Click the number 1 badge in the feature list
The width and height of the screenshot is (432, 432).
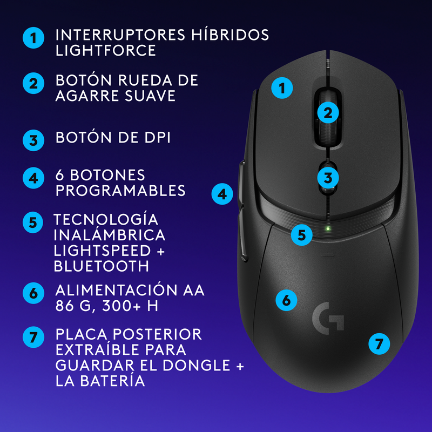click(33, 39)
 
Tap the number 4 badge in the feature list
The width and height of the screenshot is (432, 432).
click(33, 178)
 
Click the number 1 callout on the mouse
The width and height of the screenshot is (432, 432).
click(281, 87)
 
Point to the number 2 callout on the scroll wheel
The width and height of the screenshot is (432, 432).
click(327, 113)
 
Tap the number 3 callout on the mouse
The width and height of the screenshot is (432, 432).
click(327, 177)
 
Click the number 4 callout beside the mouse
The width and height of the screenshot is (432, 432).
click(222, 193)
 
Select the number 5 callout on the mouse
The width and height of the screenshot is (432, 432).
click(301, 235)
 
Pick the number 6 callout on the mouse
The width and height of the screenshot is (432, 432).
click(286, 300)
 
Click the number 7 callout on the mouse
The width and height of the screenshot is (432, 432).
click(379, 343)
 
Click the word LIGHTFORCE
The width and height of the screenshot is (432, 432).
click(106, 51)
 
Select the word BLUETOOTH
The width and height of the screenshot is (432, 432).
click(102, 266)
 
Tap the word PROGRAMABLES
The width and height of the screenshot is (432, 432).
click(120, 191)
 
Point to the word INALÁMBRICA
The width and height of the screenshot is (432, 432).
click(109, 235)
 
